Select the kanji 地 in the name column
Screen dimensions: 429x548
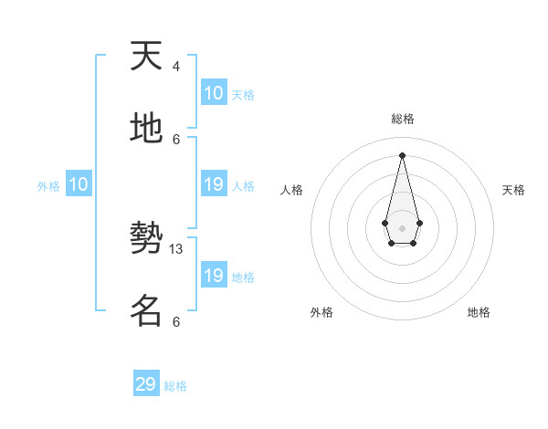pos(146,129)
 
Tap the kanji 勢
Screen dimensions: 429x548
pos(146,239)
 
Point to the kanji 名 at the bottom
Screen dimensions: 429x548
pos(146,311)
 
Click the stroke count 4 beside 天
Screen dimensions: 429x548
pos(176,67)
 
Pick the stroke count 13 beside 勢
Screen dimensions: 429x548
pos(176,249)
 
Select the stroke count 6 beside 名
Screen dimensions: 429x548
pos(176,321)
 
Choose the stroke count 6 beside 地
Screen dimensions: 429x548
pos(176,139)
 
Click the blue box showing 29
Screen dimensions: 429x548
pos(146,384)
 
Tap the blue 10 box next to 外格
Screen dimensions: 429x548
pos(78,185)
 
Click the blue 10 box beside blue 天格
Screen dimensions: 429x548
pos(214,93)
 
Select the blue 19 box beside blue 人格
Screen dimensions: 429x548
pos(214,185)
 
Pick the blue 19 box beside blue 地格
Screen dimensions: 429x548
pos(214,276)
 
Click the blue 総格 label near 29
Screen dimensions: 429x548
pos(175,386)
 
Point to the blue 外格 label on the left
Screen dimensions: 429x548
pos(48,186)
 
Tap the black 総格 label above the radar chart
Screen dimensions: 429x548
pos(402,119)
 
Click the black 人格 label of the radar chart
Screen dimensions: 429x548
pos(292,190)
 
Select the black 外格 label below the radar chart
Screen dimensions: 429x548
pos(321,312)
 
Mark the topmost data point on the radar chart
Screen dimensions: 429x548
pos(402,154)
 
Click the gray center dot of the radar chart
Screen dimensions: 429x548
pos(402,227)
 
